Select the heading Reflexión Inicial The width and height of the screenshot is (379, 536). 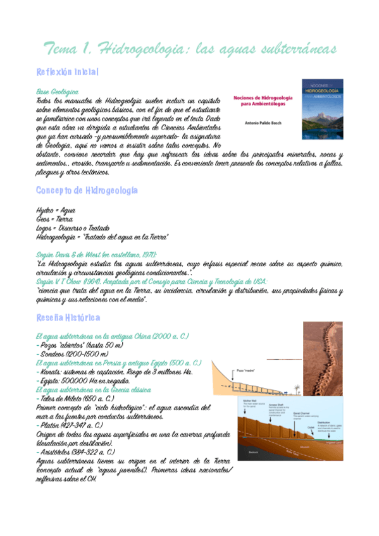(x=68, y=72)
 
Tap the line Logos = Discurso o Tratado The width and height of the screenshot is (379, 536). (x=73, y=228)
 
